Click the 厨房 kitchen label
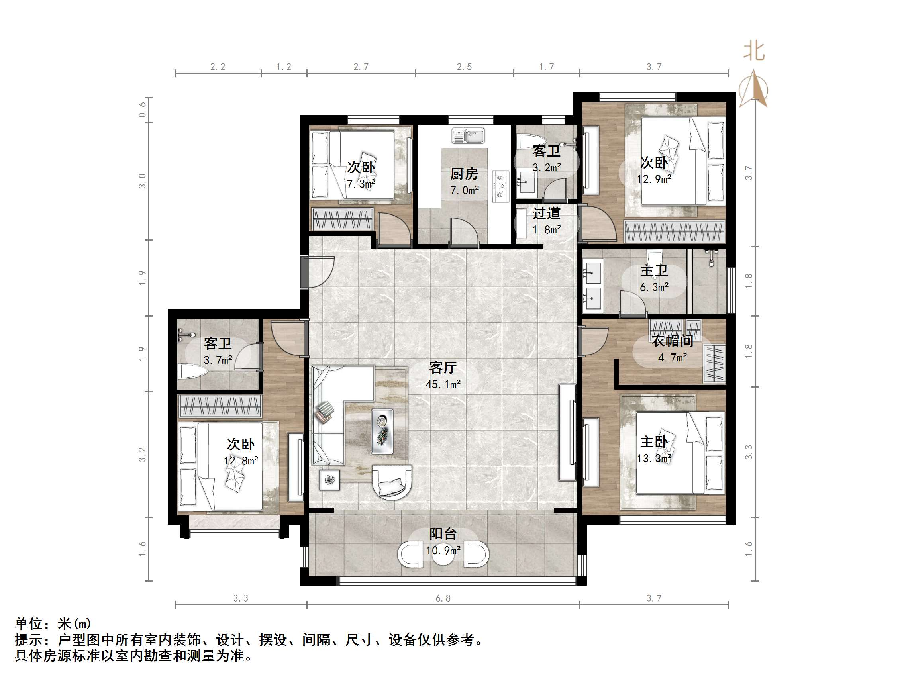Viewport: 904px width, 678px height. (464, 174)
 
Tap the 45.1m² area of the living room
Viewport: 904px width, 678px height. (443, 384)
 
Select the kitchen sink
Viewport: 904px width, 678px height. (468, 136)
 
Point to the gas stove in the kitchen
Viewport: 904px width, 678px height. (500, 186)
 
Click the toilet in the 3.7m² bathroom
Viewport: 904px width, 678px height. (193, 372)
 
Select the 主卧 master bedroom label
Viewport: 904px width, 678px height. (654, 442)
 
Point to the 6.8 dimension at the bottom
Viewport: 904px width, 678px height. (443, 598)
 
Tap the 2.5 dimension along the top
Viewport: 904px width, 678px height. (464, 67)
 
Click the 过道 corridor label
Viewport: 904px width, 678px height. (546, 214)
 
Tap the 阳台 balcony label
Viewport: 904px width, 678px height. (443, 534)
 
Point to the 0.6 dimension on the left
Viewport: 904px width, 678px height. (142, 110)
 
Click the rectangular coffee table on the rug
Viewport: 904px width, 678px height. (382, 431)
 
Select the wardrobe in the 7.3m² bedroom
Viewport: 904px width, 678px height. (343, 219)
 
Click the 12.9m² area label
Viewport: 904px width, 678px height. (654, 179)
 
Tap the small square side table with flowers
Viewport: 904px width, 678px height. (329, 480)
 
